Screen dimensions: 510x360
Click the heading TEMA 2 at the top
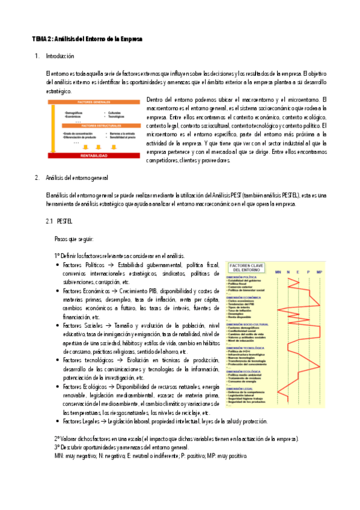[87, 39]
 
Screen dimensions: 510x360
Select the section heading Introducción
[59, 56]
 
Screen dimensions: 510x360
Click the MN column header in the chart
[278, 272]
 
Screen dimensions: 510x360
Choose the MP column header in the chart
[319, 272]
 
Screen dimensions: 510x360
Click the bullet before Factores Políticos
[56, 265]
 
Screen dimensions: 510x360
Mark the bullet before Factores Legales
[56, 422]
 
